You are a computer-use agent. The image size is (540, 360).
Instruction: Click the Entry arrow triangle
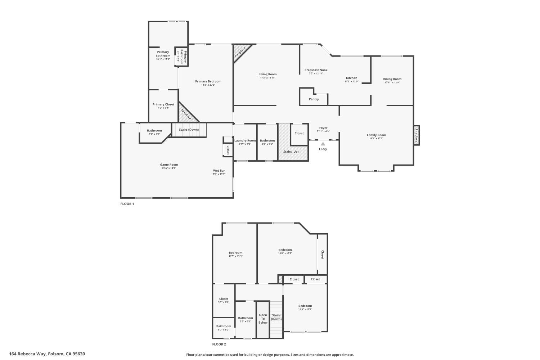pyautogui.click(x=323, y=144)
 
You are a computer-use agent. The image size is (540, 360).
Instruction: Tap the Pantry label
pyautogui.click(x=314, y=99)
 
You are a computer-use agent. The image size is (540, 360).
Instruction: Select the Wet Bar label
pyautogui.click(x=219, y=171)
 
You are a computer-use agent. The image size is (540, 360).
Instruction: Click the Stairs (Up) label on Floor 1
pyautogui.click(x=291, y=152)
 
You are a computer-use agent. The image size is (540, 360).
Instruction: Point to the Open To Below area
pyautogui.click(x=263, y=319)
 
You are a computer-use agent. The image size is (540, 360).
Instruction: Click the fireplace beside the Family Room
pyautogui.click(x=417, y=135)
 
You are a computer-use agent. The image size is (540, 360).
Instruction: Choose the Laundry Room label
pyautogui.click(x=245, y=140)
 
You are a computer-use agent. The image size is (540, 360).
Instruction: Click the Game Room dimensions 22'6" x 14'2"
pyautogui.click(x=169, y=168)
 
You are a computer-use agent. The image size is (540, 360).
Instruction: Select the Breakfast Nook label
pyautogui.click(x=316, y=70)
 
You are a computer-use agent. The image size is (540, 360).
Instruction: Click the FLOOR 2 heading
pyautogui.click(x=219, y=344)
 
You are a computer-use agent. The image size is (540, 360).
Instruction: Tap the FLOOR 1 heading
pyautogui.click(x=127, y=204)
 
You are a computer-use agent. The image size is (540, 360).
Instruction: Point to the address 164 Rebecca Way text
pyautogui.click(x=47, y=354)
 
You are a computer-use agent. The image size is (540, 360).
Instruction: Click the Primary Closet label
pyautogui.click(x=163, y=104)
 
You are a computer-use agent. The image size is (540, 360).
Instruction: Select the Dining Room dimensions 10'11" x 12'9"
pyautogui.click(x=392, y=82)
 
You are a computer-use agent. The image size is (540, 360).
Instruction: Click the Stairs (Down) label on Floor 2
pyautogui.click(x=276, y=317)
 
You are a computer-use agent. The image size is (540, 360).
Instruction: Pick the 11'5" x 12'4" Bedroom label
pyautogui.click(x=305, y=306)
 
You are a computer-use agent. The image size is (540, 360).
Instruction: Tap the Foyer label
pyautogui.click(x=323, y=128)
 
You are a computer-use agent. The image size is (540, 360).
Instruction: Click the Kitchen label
pyautogui.click(x=352, y=78)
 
